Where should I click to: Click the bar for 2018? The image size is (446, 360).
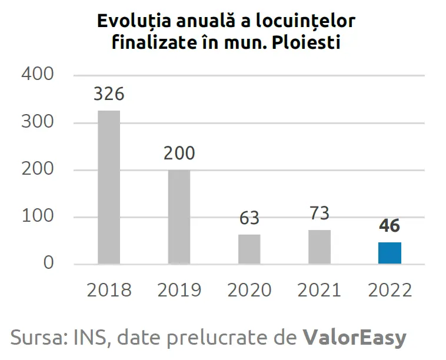(x=109, y=187)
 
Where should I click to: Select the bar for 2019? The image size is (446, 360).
(x=179, y=216)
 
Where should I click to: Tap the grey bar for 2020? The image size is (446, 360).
(x=249, y=249)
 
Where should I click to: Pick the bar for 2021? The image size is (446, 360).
(x=319, y=246)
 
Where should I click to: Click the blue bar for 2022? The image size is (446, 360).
(x=390, y=253)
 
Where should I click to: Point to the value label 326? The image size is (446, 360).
(x=109, y=94)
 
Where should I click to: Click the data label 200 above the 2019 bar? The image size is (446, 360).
(x=179, y=154)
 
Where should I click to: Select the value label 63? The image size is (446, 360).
(x=249, y=218)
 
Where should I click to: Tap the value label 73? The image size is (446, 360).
(x=319, y=213)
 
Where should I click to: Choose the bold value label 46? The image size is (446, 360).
(x=390, y=226)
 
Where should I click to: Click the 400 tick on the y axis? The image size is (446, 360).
(x=37, y=75)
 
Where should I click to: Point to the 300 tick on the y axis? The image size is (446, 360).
(x=37, y=122)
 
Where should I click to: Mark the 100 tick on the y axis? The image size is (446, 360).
(x=37, y=216)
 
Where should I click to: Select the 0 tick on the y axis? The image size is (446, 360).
(x=48, y=263)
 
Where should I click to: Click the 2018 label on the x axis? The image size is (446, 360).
(x=109, y=290)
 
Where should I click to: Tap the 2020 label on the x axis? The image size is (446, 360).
(x=249, y=290)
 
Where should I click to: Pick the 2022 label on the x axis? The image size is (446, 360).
(x=390, y=290)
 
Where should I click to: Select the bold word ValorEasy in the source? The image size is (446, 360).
(x=354, y=338)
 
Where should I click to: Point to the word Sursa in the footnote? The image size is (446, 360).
(x=39, y=338)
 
